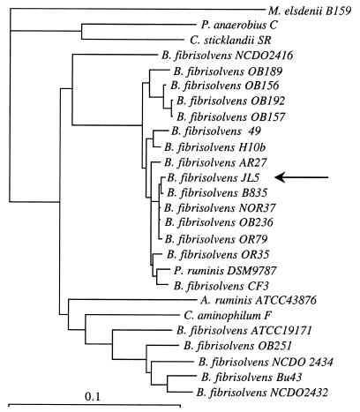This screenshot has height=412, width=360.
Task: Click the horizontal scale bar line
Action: click(x=91, y=407)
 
